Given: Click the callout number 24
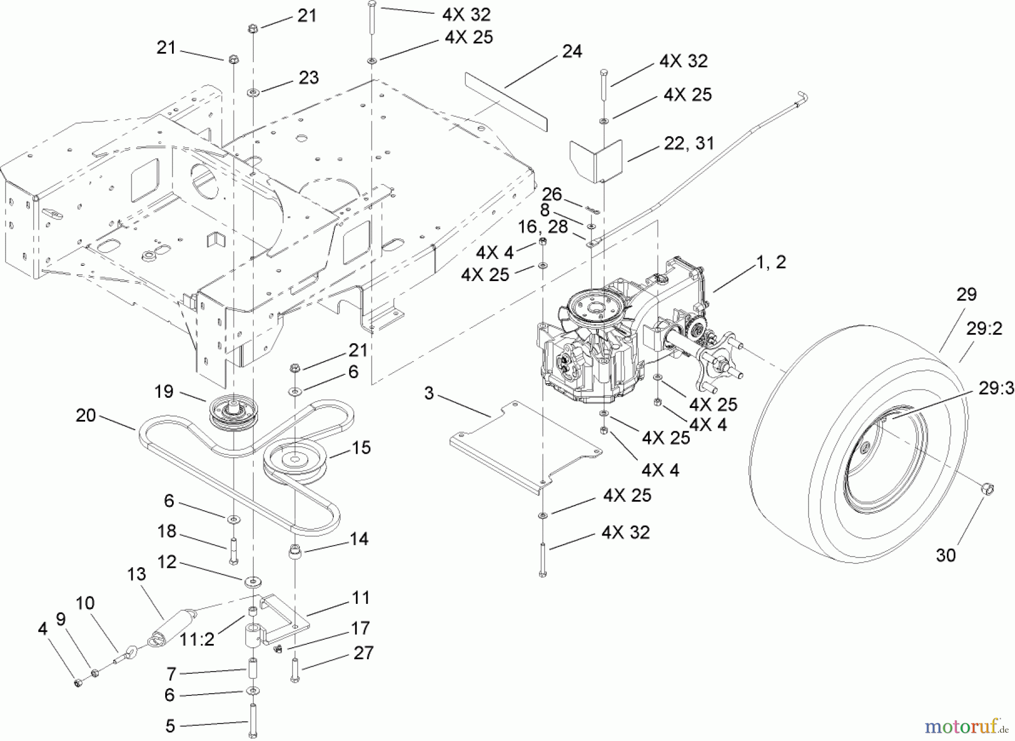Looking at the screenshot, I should click(572, 51).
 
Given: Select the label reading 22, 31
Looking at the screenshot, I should click(689, 143).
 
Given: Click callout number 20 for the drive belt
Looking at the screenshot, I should click(86, 416).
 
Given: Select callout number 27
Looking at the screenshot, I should click(363, 653).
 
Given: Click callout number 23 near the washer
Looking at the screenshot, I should click(308, 77).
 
